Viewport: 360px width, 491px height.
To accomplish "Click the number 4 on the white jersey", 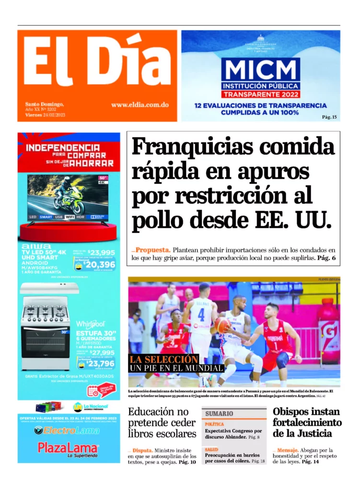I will click(x=201, y=316).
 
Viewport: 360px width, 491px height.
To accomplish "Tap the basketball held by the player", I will click(x=221, y=325).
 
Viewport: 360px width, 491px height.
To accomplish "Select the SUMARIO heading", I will click(x=219, y=413).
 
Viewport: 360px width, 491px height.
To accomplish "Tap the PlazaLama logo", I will click(x=68, y=448).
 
